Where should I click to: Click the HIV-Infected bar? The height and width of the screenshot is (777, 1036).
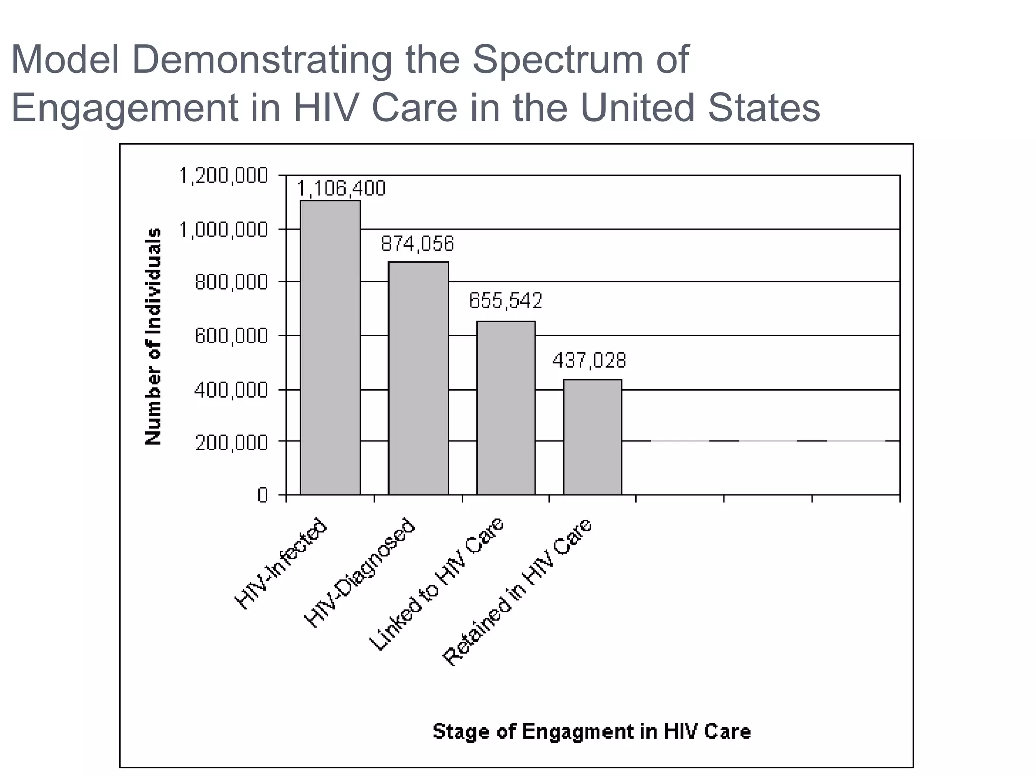330,348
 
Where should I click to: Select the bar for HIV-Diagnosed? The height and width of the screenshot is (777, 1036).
418,378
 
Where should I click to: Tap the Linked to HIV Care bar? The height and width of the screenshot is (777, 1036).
506,408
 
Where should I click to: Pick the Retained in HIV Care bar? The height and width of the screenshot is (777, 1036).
592,437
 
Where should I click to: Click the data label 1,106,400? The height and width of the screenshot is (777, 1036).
341,189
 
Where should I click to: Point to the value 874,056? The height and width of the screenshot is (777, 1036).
417,244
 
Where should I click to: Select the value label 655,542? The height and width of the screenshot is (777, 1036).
505,301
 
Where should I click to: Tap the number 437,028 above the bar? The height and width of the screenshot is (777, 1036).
589,361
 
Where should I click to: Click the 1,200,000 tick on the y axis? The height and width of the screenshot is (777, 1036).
223,176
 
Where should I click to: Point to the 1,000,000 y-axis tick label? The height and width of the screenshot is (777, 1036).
223,230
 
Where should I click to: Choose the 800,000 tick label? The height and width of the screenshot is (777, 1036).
231,282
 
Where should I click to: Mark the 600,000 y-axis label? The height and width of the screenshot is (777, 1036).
231,336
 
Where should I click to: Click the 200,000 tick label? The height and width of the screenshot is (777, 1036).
231,443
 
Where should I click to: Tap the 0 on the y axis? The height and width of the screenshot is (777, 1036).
263,495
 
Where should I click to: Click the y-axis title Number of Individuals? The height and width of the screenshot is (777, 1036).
153,336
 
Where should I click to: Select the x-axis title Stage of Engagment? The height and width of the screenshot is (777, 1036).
591,731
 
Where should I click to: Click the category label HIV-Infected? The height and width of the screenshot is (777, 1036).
281,564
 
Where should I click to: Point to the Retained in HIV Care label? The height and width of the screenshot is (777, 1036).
517,592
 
